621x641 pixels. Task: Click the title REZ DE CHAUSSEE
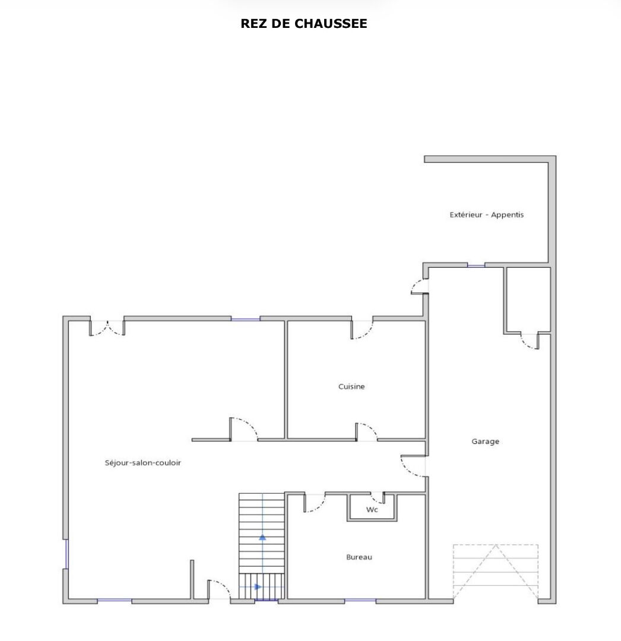coord(304,24)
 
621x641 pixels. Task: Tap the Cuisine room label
coord(351,386)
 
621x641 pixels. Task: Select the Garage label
coord(485,442)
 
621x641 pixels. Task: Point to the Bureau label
coord(359,557)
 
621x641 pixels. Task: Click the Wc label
coord(372,509)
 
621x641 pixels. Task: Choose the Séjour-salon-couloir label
coord(142,463)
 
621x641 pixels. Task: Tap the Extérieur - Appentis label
coord(486,215)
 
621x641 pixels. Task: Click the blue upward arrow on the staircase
coord(262,538)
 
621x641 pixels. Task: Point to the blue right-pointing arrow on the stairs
coord(258,586)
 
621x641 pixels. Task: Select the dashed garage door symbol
coord(496,572)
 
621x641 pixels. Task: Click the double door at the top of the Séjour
coord(107,328)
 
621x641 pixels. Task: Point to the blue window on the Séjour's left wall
coord(66,554)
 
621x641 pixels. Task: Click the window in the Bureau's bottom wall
coord(360,601)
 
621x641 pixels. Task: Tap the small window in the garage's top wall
coord(476,266)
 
